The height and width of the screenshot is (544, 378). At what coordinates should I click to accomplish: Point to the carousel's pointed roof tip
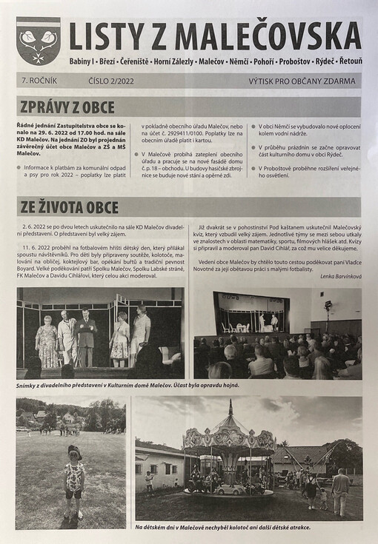point(231,404)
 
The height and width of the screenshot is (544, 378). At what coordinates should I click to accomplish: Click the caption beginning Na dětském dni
point(222,527)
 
